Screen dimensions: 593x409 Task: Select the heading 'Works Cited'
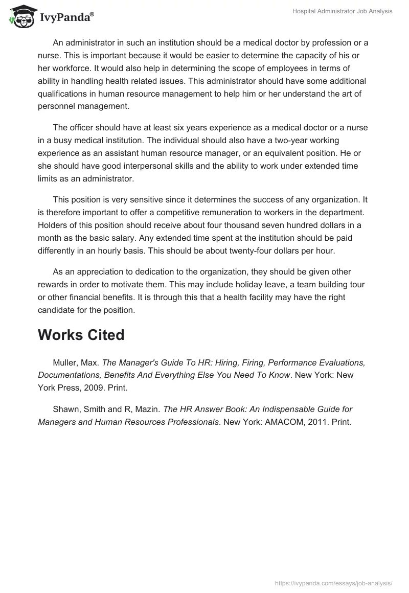tap(81, 335)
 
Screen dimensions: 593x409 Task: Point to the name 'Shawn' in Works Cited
tap(64, 409)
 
